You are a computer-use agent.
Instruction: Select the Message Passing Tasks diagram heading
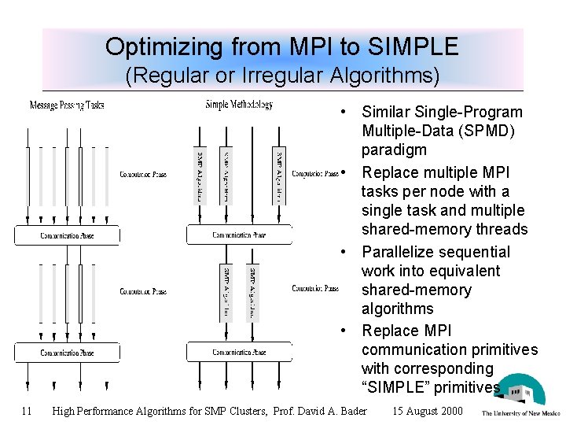(x=66, y=105)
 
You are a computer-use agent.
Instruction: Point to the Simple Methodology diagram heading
(x=239, y=105)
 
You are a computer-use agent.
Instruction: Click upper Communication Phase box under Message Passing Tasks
(x=67, y=235)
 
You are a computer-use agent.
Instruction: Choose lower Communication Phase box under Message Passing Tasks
(x=67, y=353)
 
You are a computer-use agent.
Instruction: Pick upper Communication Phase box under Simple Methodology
(x=239, y=235)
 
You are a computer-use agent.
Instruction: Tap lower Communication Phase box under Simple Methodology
(x=239, y=352)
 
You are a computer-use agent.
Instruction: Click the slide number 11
(x=27, y=410)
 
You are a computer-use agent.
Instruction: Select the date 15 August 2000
(x=428, y=410)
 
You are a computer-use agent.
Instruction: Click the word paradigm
(x=394, y=150)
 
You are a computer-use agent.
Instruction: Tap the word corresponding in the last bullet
(x=448, y=368)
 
